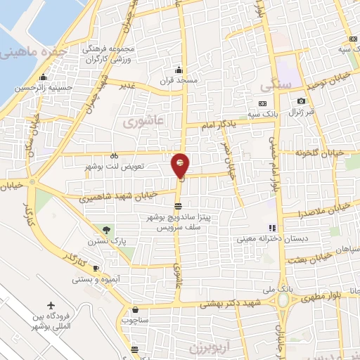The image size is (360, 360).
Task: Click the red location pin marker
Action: pyautogui.click(x=181, y=165)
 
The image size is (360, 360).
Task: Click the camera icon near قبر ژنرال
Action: pyautogui.click(x=302, y=101)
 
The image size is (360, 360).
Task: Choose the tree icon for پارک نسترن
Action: pyautogui.click(x=107, y=229)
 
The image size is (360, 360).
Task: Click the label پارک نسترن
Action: pyautogui.click(x=112, y=240)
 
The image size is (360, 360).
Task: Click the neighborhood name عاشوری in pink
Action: pyautogui.click(x=143, y=122)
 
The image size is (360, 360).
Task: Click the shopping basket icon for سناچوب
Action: pyautogui.click(x=136, y=309)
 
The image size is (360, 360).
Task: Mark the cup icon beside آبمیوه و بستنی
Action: pyautogui.click(x=96, y=269)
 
